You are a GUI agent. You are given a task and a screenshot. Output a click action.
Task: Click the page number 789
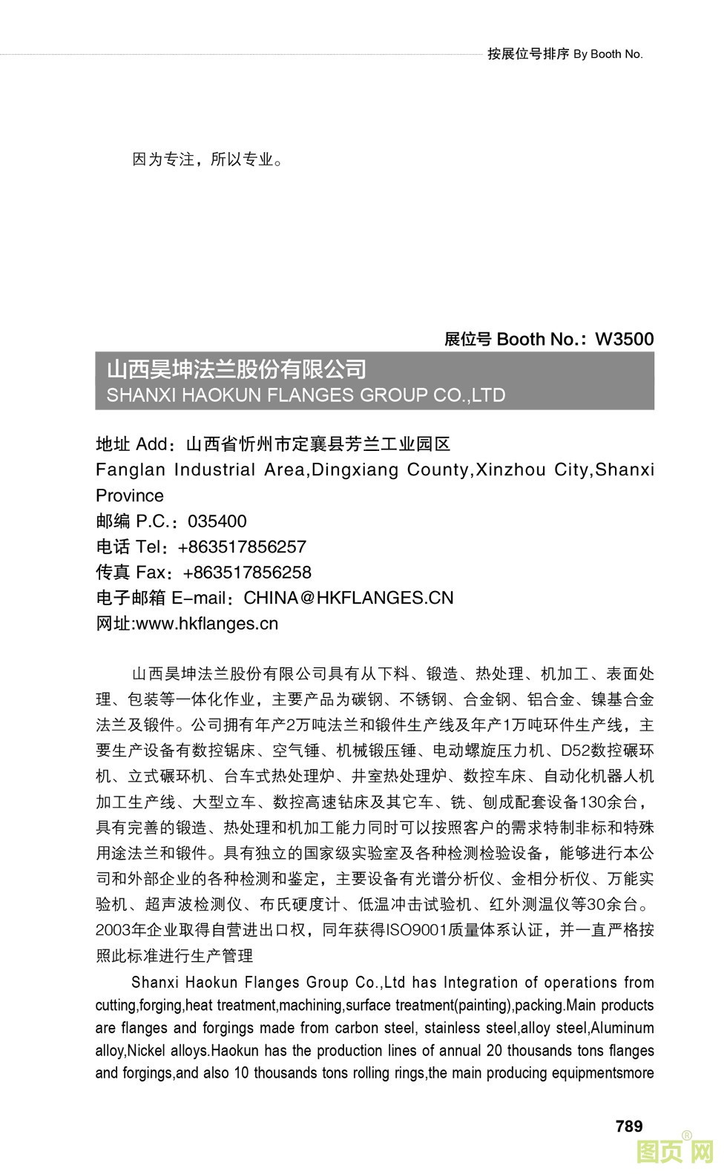[628, 1126]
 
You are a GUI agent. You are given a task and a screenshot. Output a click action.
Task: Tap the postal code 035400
[217, 521]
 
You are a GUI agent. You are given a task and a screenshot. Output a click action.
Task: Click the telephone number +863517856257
[242, 547]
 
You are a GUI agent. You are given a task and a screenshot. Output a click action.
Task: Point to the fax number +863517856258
[246, 573]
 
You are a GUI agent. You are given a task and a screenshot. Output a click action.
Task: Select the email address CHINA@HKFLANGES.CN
[348, 598]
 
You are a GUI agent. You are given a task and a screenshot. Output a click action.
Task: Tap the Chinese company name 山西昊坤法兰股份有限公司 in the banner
[237, 369]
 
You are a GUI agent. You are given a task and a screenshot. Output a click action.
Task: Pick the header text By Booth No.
[608, 54]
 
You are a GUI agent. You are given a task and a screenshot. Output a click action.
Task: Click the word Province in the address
[130, 495]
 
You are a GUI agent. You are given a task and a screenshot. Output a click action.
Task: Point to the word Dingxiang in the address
[354, 470]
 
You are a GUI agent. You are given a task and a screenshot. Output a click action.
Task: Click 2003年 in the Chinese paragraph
[119, 930]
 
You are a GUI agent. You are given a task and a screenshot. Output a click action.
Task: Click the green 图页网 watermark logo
[674, 1152]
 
